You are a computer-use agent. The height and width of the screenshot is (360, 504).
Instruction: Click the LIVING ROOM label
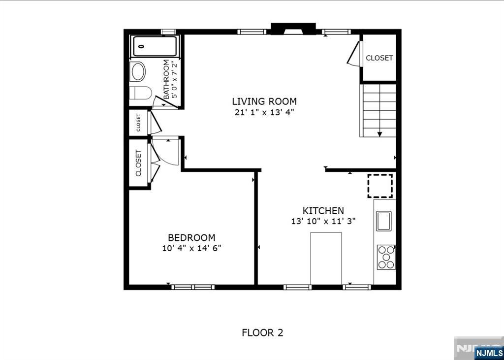click(x=264, y=101)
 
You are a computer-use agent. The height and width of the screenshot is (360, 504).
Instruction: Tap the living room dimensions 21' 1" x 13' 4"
click(x=264, y=113)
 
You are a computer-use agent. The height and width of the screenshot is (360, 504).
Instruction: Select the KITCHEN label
click(x=323, y=211)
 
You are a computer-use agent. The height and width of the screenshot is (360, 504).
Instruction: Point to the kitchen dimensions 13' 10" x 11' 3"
click(x=323, y=222)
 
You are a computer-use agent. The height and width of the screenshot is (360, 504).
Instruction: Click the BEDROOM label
click(x=191, y=238)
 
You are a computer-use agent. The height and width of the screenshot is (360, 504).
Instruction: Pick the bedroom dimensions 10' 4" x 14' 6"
click(x=191, y=248)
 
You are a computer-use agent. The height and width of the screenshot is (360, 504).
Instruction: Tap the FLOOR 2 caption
click(x=262, y=332)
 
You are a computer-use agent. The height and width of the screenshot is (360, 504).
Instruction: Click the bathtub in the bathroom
click(x=155, y=46)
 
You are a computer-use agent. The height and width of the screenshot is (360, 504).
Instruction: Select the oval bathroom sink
click(x=138, y=71)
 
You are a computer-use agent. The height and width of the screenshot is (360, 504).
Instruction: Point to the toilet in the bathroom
click(x=140, y=94)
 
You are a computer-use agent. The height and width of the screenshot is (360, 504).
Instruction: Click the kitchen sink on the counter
click(x=384, y=221)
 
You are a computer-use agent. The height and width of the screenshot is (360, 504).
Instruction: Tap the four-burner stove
click(x=386, y=257)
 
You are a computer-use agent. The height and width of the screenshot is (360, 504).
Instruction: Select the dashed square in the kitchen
click(x=380, y=186)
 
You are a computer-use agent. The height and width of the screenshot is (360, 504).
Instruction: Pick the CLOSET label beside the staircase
click(x=379, y=58)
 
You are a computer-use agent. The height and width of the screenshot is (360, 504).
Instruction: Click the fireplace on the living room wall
click(x=293, y=29)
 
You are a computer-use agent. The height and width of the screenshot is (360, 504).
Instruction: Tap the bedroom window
click(x=193, y=287)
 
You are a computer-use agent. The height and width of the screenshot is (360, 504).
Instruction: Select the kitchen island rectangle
click(x=326, y=259)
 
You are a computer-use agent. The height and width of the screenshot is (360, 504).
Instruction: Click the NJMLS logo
click(x=488, y=352)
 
